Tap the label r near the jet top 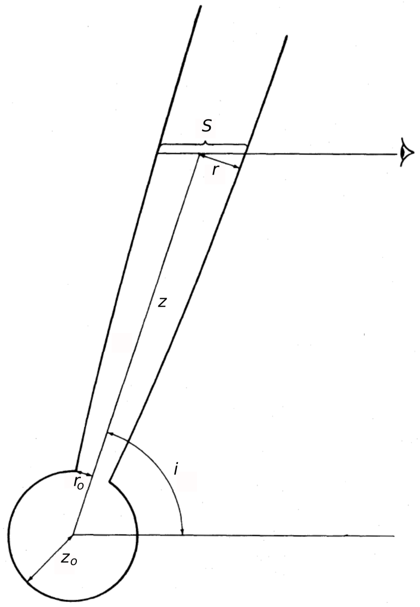tap(216, 170)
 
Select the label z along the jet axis tap(162, 302)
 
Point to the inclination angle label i tap(176, 470)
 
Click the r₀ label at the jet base tap(78, 483)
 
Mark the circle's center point tap(74, 534)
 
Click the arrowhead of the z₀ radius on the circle tap(29, 582)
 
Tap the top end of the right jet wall tap(287, 36)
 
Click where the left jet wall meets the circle tap(76, 469)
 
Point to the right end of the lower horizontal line tap(394, 536)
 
